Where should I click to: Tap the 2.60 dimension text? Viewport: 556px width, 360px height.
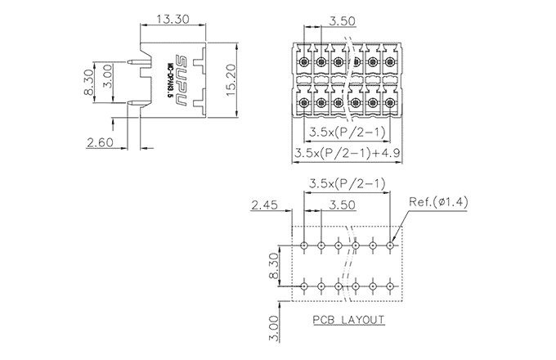point(101,143)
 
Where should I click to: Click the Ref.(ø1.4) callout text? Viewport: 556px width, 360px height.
point(439,202)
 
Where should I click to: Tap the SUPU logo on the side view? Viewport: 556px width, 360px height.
point(181,76)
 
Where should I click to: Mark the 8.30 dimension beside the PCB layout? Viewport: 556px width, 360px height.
point(275,266)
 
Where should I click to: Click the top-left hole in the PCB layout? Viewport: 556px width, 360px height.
point(304,245)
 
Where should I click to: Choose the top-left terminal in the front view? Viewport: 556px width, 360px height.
point(303,62)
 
